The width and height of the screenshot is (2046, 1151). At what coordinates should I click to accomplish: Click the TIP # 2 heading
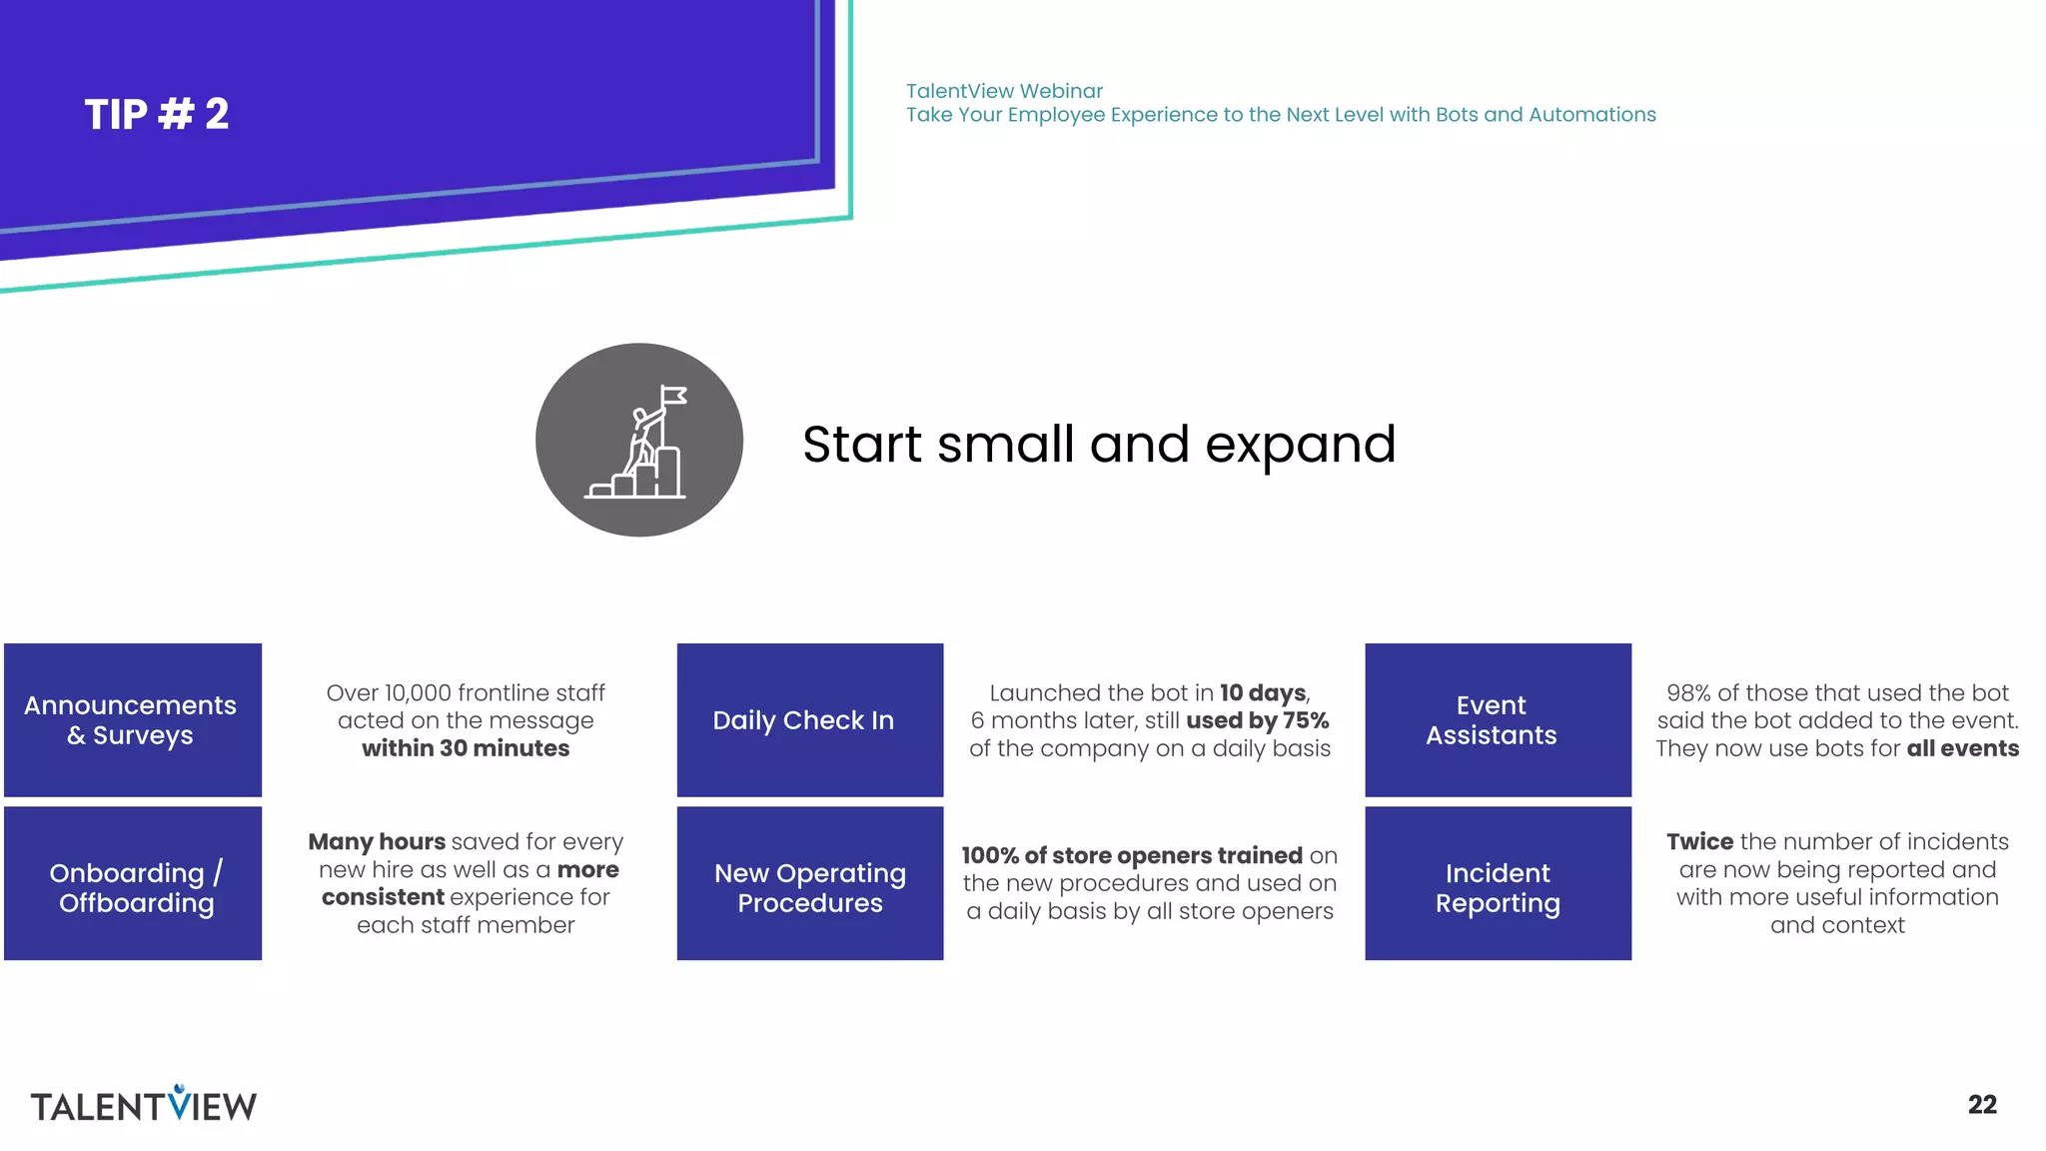pyautogui.click(x=157, y=114)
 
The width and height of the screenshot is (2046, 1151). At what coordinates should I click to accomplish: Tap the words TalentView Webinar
pyautogui.click(x=1004, y=91)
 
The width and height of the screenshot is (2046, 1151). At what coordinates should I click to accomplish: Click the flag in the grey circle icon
pyautogui.click(x=674, y=397)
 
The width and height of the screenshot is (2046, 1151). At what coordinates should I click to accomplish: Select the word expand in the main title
pyautogui.click(x=1300, y=445)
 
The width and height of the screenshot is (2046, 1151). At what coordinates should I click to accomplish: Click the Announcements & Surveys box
pyautogui.click(x=132, y=720)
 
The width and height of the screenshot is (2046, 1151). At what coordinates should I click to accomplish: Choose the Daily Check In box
pyautogui.click(x=809, y=720)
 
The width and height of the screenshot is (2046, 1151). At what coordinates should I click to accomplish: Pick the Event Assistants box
pyautogui.click(x=1497, y=720)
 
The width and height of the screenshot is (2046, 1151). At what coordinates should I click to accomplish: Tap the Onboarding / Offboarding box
pyautogui.click(x=132, y=884)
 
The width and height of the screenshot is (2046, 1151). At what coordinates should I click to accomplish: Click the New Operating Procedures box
pyautogui.click(x=809, y=884)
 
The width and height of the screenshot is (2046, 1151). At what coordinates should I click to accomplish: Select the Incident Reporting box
pyautogui.click(x=1497, y=884)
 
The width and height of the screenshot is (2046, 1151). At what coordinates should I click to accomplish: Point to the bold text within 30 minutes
pyautogui.click(x=466, y=748)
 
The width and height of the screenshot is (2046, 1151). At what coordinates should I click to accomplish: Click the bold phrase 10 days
pyautogui.click(x=1263, y=692)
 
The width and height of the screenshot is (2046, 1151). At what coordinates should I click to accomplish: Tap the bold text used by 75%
pyautogui.click(x=1257, y=720)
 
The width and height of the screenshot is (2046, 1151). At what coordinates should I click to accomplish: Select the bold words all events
pyautogui.click(x=1962, y=748)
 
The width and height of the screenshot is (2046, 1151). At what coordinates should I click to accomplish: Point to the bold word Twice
pyautogui.click(x=1699, y=841)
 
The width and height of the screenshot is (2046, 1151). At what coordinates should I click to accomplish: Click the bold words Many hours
pyautogui.click(x=377, y=841)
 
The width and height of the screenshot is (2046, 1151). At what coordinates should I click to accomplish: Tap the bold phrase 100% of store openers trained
pyautogui.click(x=1131, y=855)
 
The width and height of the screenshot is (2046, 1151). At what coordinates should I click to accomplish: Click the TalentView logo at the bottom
pyautogui.click(x=143, y=1104)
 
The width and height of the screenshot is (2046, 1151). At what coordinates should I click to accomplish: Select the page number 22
pyautogui.click(x=1981, y=1104)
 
